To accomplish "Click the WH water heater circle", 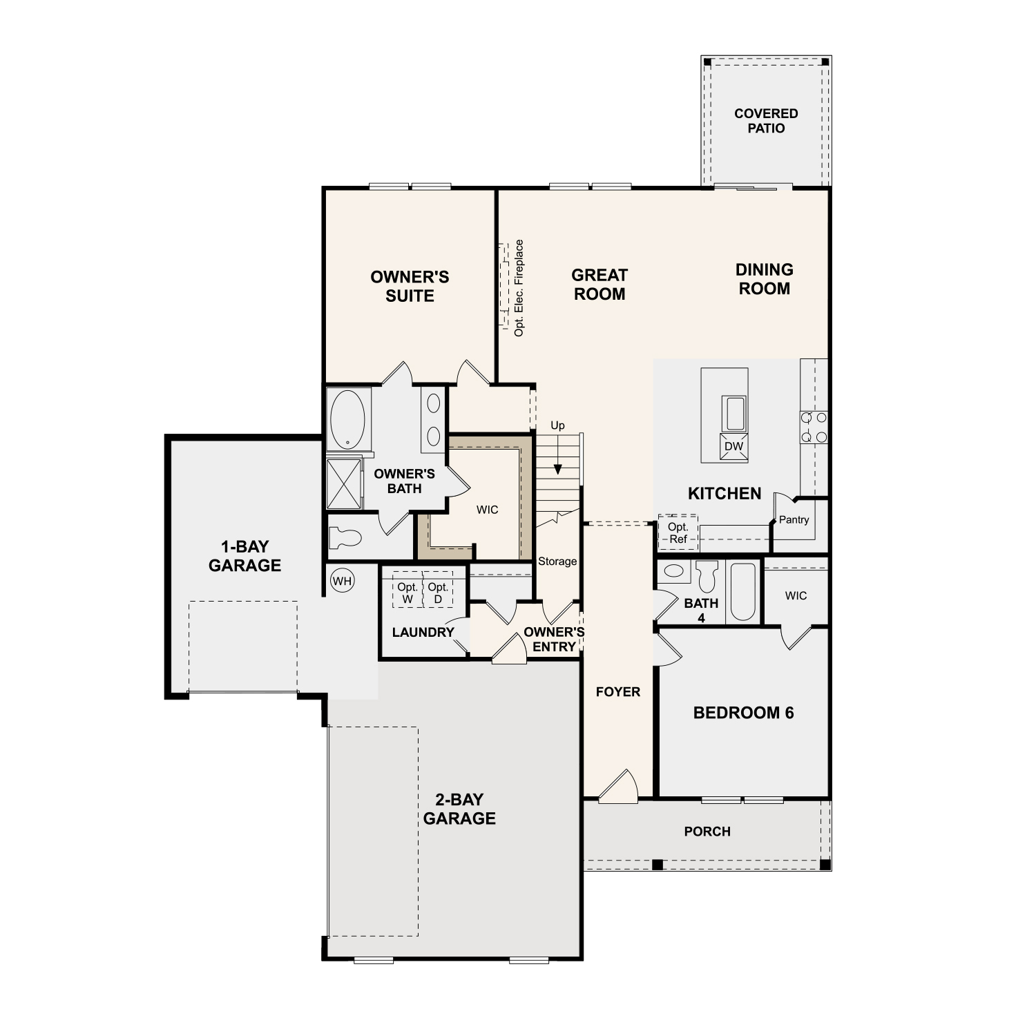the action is click(x=342, y=581).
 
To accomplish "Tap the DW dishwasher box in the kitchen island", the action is click(x=733, y=445).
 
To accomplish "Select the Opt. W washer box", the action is click(x=407, y=590).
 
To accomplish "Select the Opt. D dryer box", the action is click(x=438, y=590).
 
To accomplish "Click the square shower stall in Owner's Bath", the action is click(x=344, y=483).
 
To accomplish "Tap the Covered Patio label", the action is click(x=766, y=121).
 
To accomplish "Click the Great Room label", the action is click(x=599, y=285).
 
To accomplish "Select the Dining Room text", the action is click(x=765, y=279).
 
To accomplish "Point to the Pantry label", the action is click(x=794, y=520).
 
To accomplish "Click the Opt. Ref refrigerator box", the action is click(x=678, y=533).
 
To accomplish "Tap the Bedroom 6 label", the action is click(x=744, y=713).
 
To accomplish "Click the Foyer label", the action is click(x=618, y=692).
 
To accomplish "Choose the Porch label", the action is click(x=707, y=832).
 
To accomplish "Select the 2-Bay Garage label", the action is click(x=459, y=809).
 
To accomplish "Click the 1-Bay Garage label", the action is click(x=244, y=556).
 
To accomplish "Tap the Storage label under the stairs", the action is click(x=557, y=562).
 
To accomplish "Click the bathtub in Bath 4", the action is click(x=743, y=592).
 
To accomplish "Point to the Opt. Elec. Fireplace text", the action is click(x=519, y=288).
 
